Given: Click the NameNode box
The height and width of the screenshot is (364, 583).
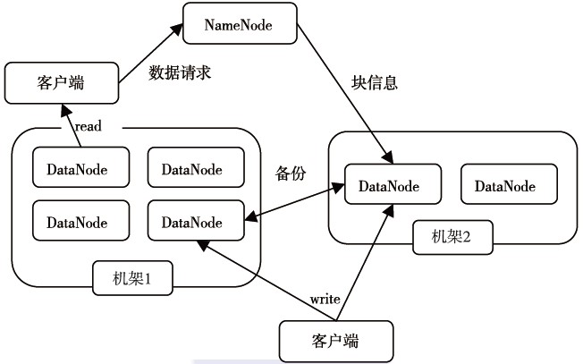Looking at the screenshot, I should click(x=239, y=24).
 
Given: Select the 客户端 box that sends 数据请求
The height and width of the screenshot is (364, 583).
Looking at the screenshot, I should click(x=61, y=82).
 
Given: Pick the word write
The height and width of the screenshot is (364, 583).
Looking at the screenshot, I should click(x=325, y=298).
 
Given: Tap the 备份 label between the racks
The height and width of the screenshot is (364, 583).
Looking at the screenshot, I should click(x=291, y=174).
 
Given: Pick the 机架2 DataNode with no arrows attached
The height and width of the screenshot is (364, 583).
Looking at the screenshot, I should click(x=505, y=186).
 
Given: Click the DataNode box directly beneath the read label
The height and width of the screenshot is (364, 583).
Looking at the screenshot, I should click(x=76, y=167).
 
